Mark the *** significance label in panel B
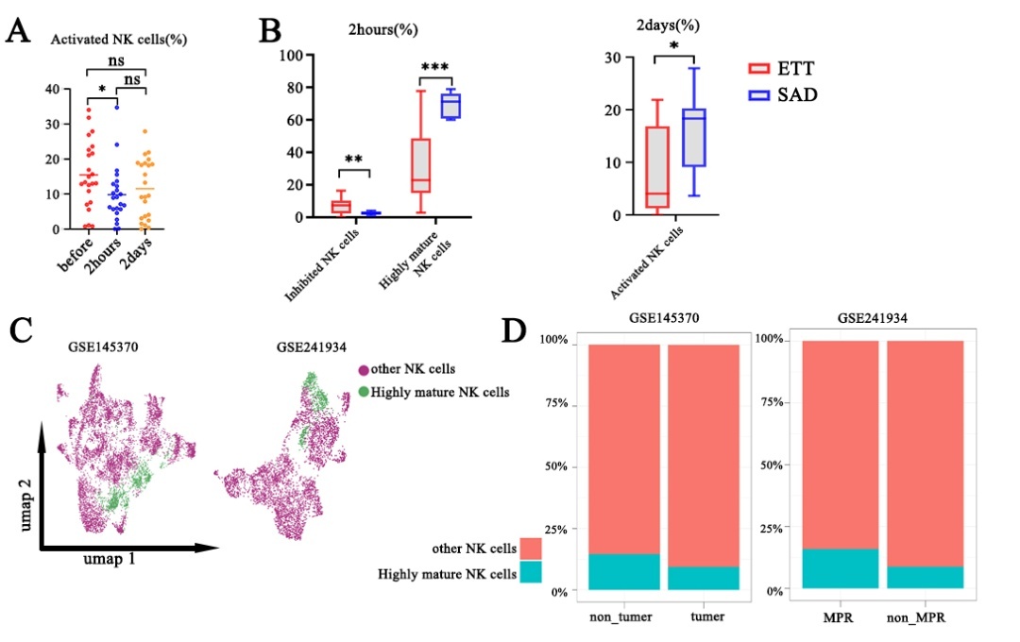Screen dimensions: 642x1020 click(434, 67)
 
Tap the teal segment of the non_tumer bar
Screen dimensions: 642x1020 click(623, 571)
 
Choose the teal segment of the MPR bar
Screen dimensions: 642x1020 click(840, 568)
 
